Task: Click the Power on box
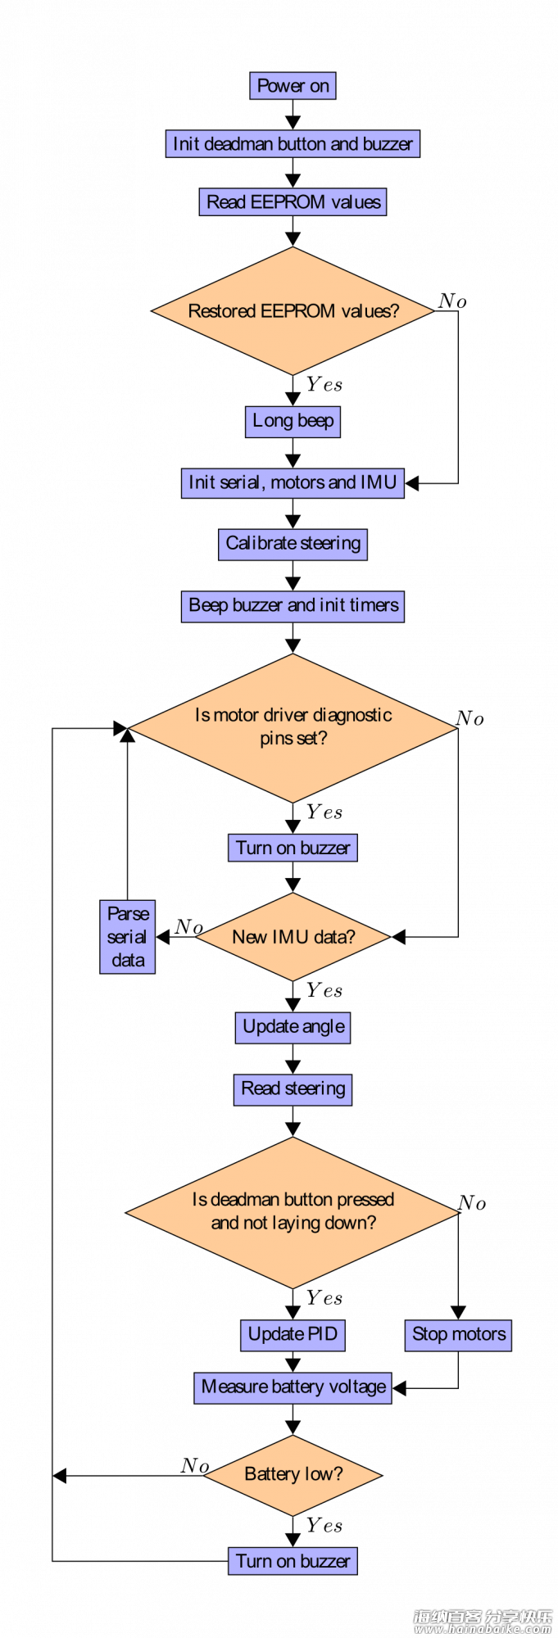point(293,86)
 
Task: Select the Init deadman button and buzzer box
point(293,144)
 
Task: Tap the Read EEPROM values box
point(293,202)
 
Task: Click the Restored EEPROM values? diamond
point(293,311)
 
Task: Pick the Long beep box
point(293,422)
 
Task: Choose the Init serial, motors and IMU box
point(293,482)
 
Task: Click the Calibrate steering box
point(293,544)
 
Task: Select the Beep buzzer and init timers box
point(293,606)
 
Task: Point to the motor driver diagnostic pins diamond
point(293,727)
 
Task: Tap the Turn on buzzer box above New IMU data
point(293,848)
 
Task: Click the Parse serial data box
point(128,937)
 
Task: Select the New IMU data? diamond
point(293,937)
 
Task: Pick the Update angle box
point(293,1027)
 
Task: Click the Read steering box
point(293,1089)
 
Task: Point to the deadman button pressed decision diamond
point(293,1212)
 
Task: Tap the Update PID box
point(293,1334)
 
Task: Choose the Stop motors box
point(458,1335)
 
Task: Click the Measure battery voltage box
point(293,1387)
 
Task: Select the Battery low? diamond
point(293,1475)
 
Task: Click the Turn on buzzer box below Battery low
point(293,1561)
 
